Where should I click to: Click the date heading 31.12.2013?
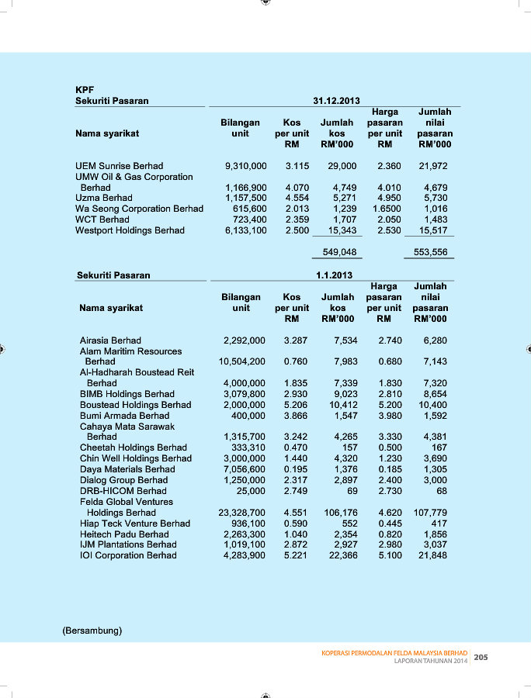[336, 101]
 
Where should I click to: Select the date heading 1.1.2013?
[335, 275]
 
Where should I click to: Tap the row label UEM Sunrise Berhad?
[120, 166]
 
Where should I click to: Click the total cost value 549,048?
[339, 252]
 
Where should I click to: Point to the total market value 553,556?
[431, 252]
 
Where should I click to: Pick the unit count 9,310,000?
[245, 166]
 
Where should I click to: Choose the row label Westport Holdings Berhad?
[130, 230]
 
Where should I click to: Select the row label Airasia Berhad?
[110, 340]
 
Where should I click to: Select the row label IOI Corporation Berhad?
[128, 555]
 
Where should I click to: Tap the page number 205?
[481, 658]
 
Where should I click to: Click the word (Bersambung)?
[92, 631]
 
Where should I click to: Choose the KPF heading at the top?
[85, 90]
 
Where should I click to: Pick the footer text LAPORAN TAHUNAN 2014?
[430, 662]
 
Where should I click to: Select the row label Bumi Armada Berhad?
[124, 416]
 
